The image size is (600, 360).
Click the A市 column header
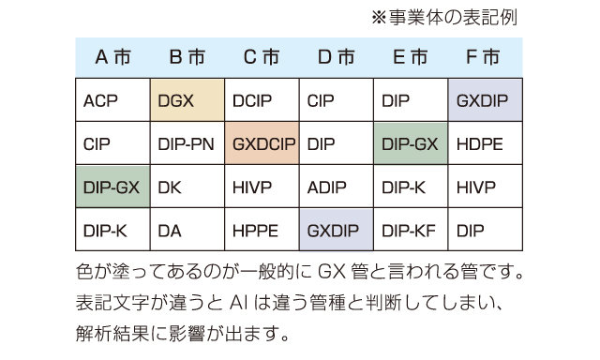tap(112, 57)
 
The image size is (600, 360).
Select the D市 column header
tap(336, 57)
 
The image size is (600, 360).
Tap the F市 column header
tap(483, 57)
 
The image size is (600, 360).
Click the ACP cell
tap(112, 100)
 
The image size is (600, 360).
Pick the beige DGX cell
tap(187, 100)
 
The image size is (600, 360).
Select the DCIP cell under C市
tap(262, 100)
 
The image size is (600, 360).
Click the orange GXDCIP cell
tap(262, 143)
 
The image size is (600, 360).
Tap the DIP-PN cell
tap(187, 143)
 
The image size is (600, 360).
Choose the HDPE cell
tap(486, 143)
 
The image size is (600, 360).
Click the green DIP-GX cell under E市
tap(411, 143)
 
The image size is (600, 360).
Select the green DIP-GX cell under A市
tap(112, 187)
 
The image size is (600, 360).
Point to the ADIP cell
tap(336, 187)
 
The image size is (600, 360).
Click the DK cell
tap(187, 187)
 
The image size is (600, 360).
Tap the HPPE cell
tap(262, 230)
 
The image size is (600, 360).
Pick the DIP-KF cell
tap(411, 230)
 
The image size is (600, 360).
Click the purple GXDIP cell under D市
tap(336, 230)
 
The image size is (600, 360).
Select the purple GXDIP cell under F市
tap(486, 100)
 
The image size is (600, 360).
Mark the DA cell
tap(187, 230)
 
